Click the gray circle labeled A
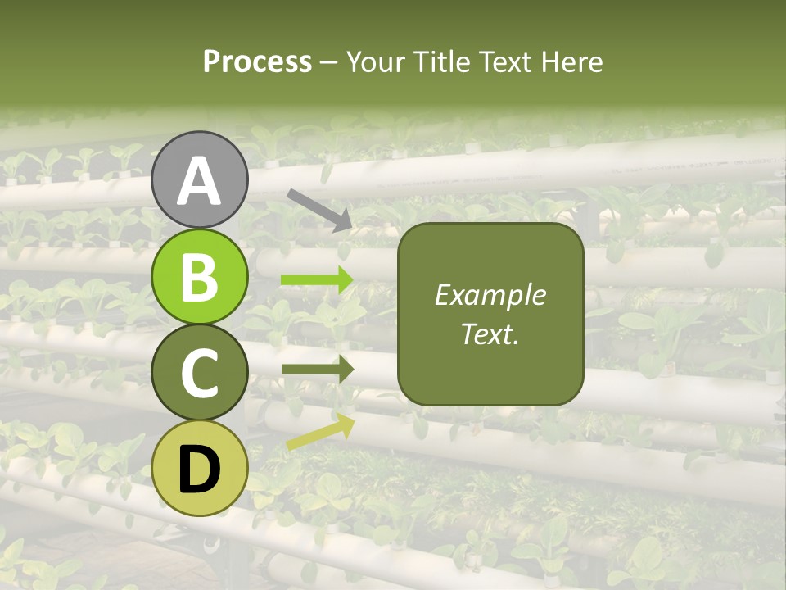click(x=199, y=179)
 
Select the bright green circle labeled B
click(x=199, y=276)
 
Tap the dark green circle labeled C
click(x=199, y=372)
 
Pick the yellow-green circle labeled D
click(x=199, y=468)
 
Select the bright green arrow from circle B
click(x=317, y=280)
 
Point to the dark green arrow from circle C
click(x=317, y=370)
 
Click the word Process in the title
click(x=257, y=61)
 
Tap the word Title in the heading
click(x=440, y=61)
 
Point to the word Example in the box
click(x=490, y=295)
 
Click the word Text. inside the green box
click(x=490, y=334)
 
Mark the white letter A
click(x=199, y=181)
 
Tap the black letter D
click(x=199, y=470)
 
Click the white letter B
click(x=199, y=277)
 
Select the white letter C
click(x=199, y=374)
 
